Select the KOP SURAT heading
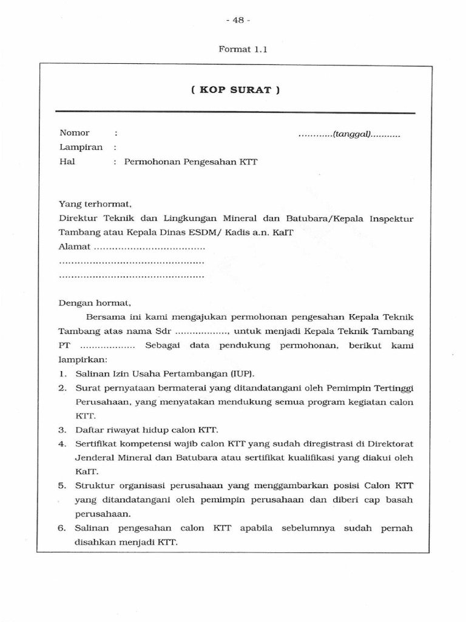235,90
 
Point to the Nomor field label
74,133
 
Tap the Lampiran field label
81,148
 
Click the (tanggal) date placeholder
349,134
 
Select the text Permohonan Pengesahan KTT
191,162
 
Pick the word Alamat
75,247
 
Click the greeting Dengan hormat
94,302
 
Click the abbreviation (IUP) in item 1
243,373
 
